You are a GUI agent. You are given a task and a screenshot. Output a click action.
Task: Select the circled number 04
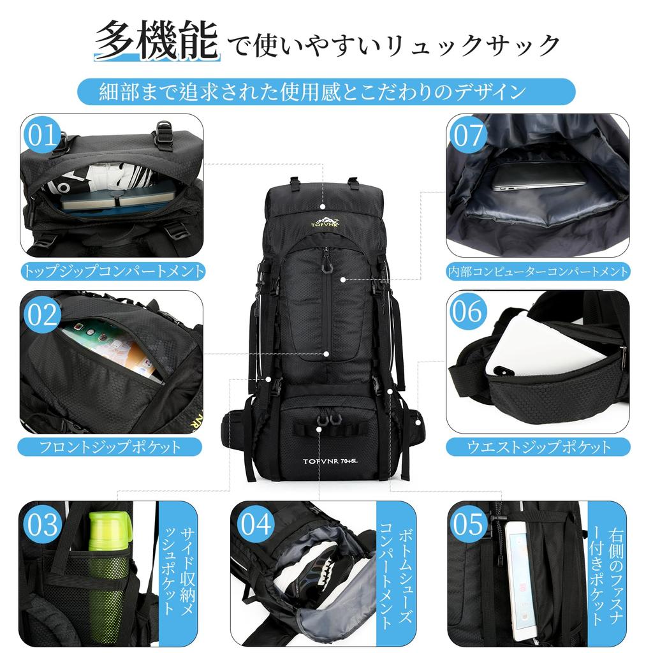click(x=255, y=524)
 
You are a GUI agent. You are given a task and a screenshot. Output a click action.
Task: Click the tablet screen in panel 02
click(x=112, y=351)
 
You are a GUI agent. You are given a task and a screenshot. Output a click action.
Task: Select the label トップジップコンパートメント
click(x=114, y=271)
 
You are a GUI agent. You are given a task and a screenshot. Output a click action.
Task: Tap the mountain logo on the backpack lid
click(x=326, y=221)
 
